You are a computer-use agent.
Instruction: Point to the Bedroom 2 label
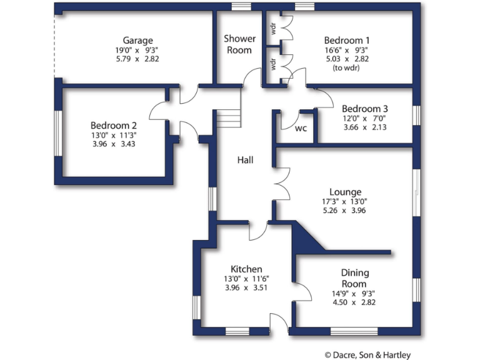click(113, 124)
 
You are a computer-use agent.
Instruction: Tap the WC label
click(301, 129)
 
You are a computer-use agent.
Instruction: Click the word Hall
click(245, 161)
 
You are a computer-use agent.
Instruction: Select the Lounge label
click(345, 192)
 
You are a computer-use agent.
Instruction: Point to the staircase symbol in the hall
click(228, 117)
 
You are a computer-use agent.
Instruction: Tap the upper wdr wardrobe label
click(273, 29)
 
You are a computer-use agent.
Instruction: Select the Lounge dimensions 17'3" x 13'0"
click(345, 201)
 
